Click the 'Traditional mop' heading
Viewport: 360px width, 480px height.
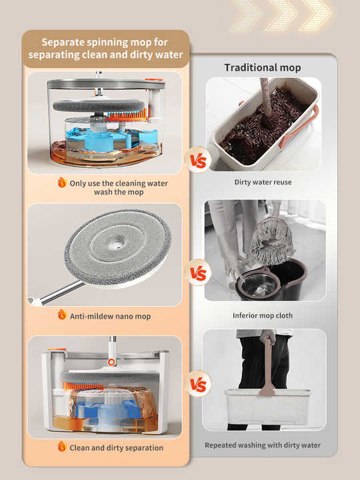(263, 67)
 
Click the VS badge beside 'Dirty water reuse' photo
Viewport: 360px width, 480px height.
(198, 160)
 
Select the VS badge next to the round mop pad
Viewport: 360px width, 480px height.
(198, 273)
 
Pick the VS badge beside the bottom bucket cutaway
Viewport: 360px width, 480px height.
(198, 384)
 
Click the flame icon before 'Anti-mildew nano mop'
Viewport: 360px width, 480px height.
(62, 315)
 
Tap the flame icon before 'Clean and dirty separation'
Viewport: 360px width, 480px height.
(62, 447)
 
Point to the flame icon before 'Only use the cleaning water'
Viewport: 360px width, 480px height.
(62, 183)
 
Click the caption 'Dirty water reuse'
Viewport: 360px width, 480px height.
(263, 182)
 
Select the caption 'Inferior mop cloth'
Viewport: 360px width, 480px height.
(263, 315)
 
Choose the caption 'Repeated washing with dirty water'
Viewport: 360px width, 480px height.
(263, 445)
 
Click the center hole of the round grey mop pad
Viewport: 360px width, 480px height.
(117, 244)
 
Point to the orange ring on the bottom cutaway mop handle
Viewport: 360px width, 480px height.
(112, 362)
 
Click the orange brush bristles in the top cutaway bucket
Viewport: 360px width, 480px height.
(127, 116)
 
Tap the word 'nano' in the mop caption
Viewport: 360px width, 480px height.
(124, 316)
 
